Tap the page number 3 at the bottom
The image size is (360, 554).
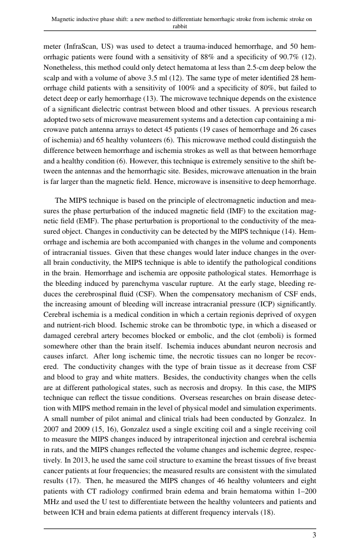pyautogui.click(x=314, y=535)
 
